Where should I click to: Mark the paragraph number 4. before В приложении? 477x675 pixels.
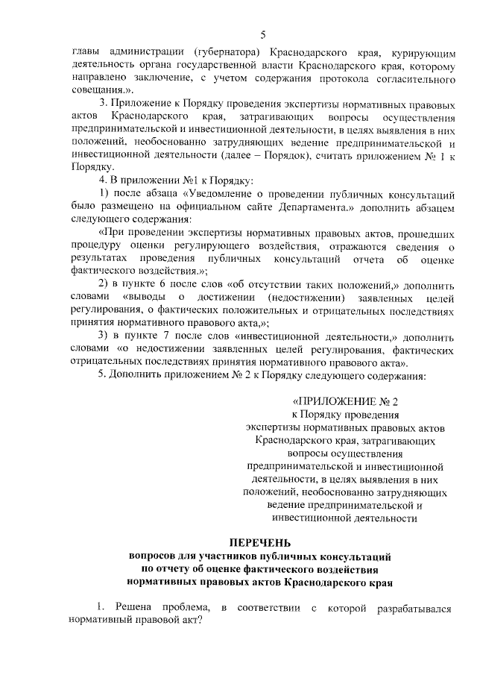[x=104, y=180]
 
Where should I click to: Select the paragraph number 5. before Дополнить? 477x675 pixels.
[x=104, y=374]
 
